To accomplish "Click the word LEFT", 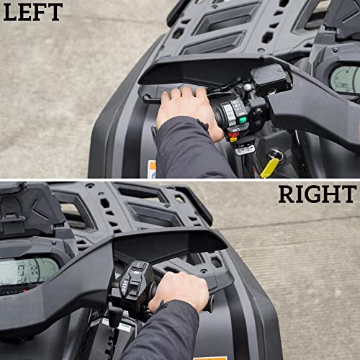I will coord(33,12).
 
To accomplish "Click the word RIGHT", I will coord(317,194).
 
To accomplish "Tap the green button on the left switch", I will coord(243,120).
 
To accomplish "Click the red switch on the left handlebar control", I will coord(233,134).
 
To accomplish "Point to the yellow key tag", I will coord(270,167).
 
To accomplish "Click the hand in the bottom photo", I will coord(178,289).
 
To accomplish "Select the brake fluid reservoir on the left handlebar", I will coord(268,78).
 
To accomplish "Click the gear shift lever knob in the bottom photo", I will coord(113,315).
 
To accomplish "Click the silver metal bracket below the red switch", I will coord(245,149).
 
